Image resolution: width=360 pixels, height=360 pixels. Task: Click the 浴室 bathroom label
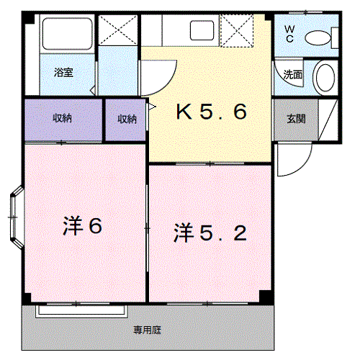tap(63, 72)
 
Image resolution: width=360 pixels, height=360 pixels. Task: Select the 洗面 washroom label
tap(292, 73)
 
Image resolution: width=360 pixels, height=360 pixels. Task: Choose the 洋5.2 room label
tap(210, 233)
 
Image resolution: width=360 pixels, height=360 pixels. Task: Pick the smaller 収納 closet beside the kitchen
tap(127, 119)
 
